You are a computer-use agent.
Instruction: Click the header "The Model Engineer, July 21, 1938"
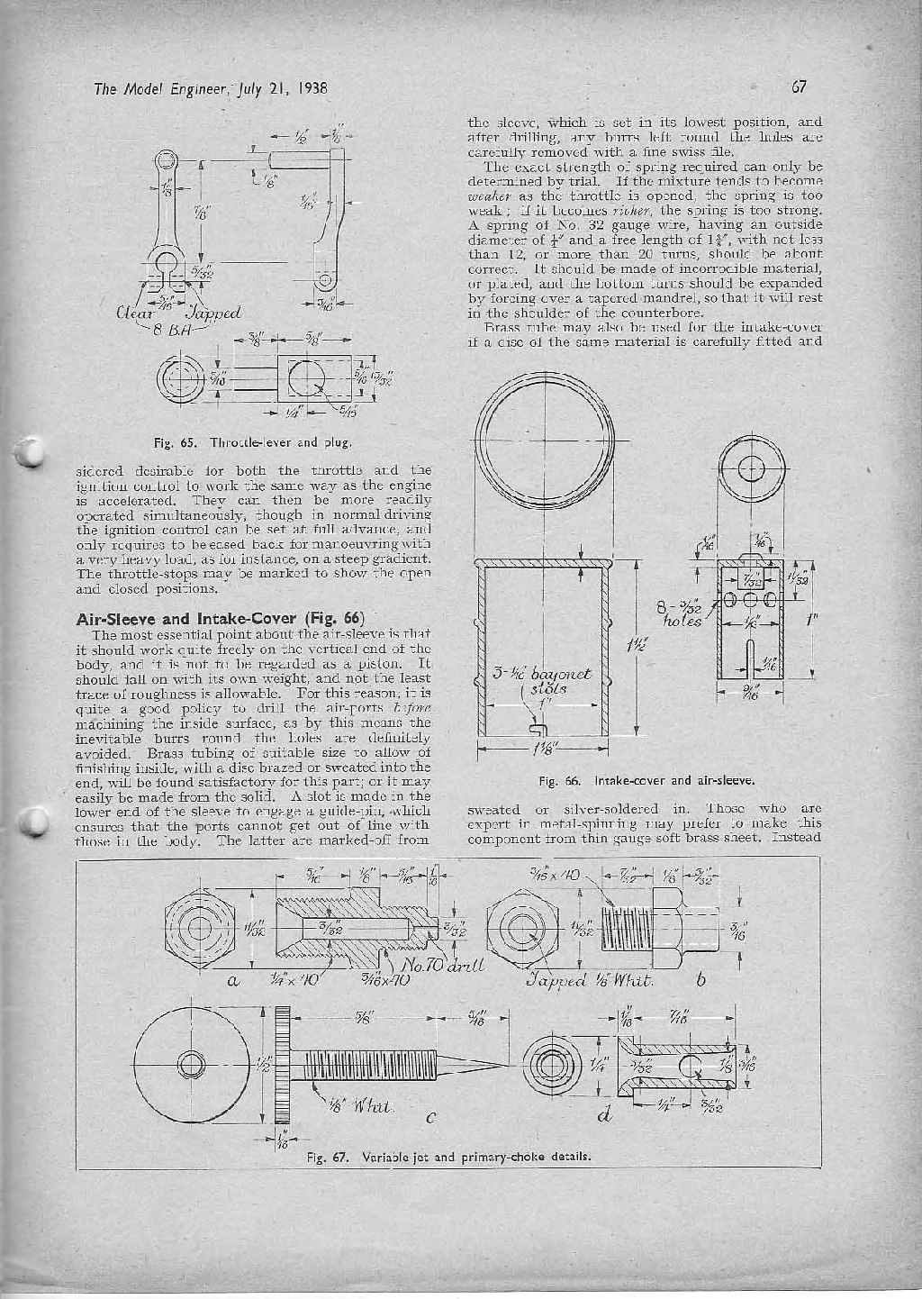[208, 89]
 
